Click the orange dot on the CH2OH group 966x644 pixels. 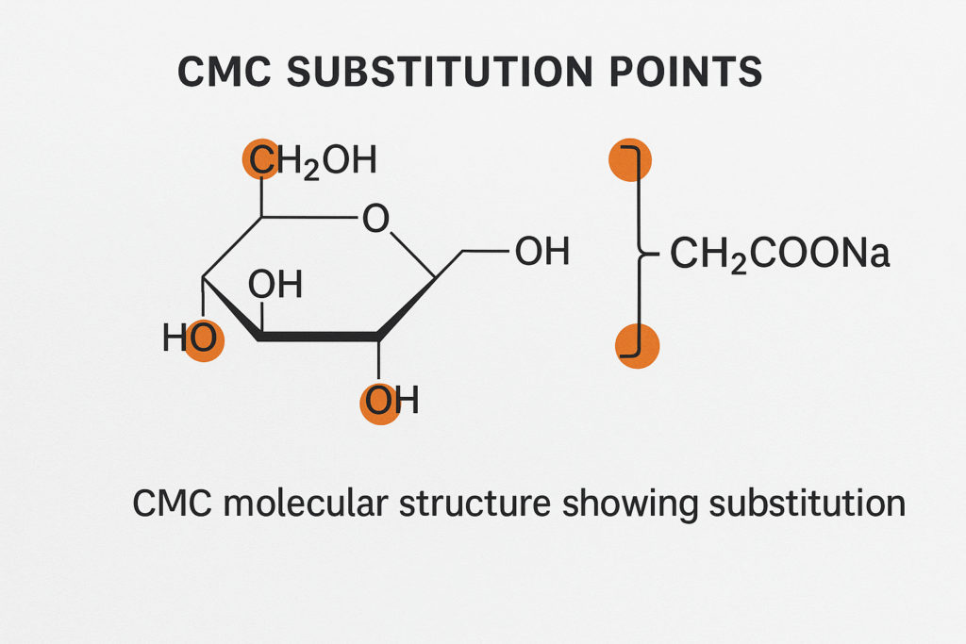point(261,159)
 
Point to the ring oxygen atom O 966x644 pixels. point(375,220)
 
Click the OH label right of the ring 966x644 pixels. point(541,252)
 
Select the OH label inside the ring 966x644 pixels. point(275,284)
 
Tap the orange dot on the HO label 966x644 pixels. point(203,339)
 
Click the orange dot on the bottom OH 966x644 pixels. point(380,403)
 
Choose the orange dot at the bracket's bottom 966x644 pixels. point(637,346)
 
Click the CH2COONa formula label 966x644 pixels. point(779,254)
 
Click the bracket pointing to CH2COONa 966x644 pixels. point(644,254)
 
